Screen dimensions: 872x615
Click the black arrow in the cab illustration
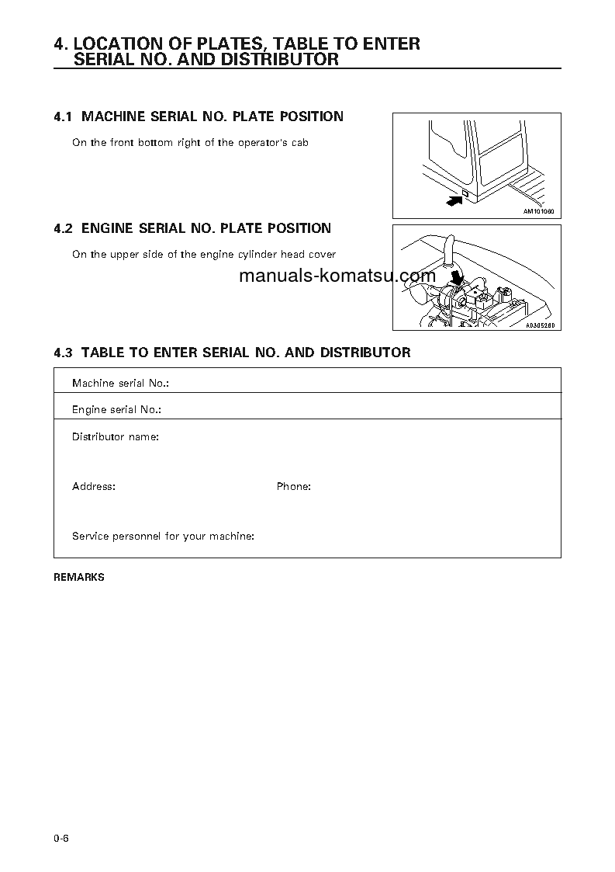[x=454, y=200]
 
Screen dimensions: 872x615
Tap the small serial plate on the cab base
[x=465, y=193]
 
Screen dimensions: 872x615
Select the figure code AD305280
[x=541, y=325]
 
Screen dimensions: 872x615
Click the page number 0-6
[x=62, y=838]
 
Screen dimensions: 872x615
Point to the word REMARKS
[x=79, y=578]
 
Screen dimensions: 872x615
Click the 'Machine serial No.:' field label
[x=120, y=383]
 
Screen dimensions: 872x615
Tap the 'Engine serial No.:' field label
[x=116, y=409]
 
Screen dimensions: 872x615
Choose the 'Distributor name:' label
[x=116, y=437]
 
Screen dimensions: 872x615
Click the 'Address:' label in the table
[x=94, y=487]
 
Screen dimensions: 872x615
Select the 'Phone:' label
[x=294, y=487]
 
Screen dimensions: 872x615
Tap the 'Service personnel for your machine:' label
[x=163, y=537]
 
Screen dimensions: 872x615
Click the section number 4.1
[x=63, y=116]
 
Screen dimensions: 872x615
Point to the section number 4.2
[x=63, y=228]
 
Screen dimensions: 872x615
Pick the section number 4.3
[x=63, y=353]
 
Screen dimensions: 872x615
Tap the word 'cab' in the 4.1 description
[x=299, y=143]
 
